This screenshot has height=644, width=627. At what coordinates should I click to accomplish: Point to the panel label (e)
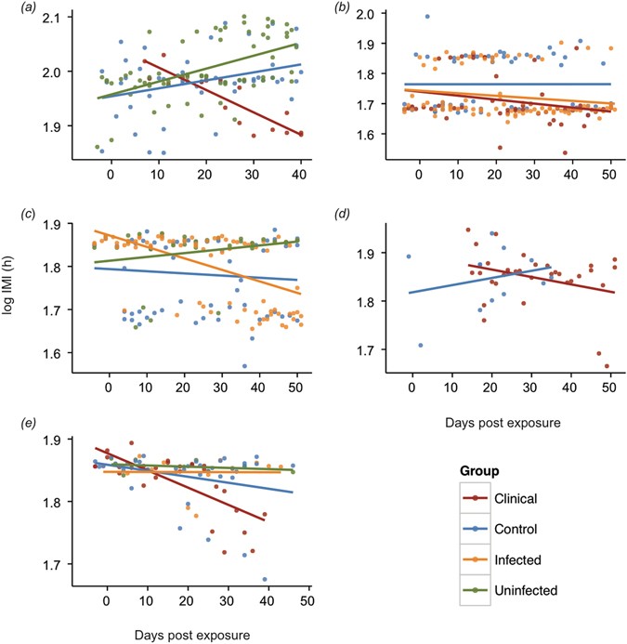[10, 426]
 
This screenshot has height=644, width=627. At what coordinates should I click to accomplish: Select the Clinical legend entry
[529, 497]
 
